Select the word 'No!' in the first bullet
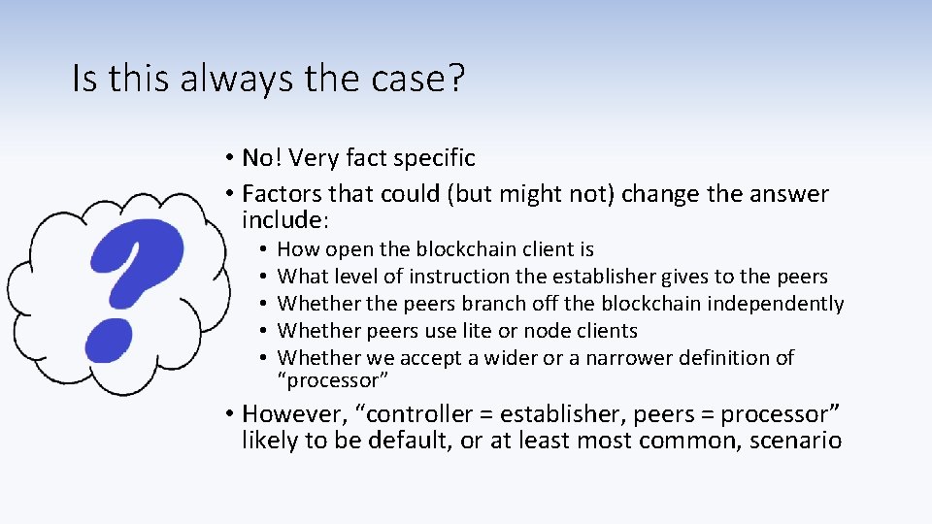pyautogui.click(x=261, y=157)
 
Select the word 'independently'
pyautogui.click(x=776, y=304)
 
